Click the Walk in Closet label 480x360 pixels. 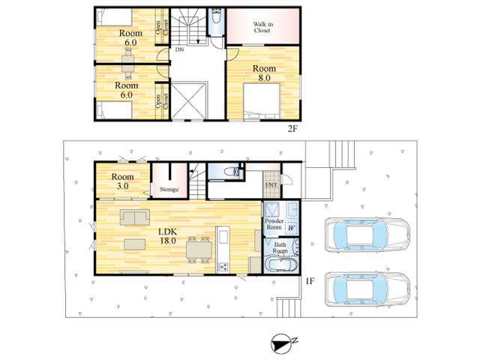pos(262,27)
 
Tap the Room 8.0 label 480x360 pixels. pos(264,73)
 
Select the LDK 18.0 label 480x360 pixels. pos(168,236)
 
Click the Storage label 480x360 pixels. pos(169,190)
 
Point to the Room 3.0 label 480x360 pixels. pos(122,181)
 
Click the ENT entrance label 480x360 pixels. pos(271,185)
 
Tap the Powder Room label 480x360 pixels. pos(274,224)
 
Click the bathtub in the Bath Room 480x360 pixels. pos(280,265)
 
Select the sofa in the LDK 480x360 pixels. pos(135,217)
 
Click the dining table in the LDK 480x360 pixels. pos(199,250)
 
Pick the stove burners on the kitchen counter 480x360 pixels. pos(222,267)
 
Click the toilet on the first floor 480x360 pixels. pos(232,172)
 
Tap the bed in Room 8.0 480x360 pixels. pos(262,101)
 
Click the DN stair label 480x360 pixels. pos(180,49)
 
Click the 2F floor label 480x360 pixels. pos(292,129)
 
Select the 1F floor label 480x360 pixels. pos(310,281)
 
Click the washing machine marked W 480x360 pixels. pos(291,228)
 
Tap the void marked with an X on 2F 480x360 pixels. pos(188,101)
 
